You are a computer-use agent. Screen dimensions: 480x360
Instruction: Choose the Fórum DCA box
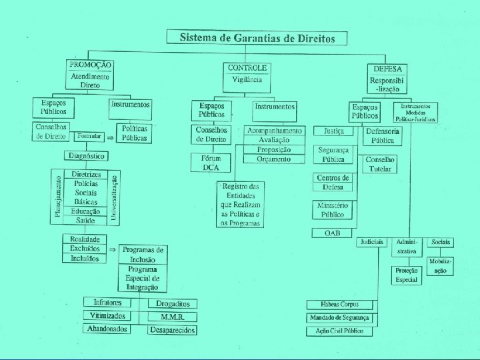211,163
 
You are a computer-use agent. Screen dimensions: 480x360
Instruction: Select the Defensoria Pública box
382,136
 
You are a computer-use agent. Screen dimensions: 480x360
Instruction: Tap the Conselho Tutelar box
380,163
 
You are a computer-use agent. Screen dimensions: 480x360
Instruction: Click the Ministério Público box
332,210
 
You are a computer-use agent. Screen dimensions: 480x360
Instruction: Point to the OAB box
332,233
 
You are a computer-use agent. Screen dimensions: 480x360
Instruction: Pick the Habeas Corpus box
341,305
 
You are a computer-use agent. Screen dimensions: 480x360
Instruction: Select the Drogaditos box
173,303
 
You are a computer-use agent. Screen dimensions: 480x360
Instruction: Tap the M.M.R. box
173,317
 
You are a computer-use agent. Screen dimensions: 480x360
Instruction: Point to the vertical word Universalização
114,198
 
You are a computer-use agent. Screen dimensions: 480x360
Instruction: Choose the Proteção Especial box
406,275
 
